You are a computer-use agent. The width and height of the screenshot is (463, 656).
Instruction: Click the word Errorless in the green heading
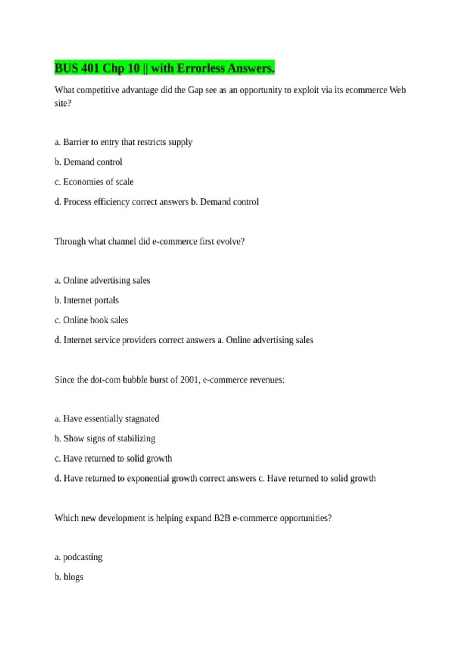coord(201,68)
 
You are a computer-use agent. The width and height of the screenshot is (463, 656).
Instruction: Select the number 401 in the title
coord(90,68)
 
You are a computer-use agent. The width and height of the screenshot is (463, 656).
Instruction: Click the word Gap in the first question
coord(195,90)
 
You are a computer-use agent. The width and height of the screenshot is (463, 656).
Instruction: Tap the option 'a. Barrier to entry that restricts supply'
coord(123,142)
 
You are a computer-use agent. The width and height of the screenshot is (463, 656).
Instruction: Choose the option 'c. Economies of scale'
coord(94,182)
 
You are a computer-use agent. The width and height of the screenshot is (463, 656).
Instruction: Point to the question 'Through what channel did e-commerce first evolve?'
coord(149,242)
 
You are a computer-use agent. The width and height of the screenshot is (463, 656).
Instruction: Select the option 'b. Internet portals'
coord(86,301)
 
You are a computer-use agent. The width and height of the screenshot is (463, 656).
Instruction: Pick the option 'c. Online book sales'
coord(91,320)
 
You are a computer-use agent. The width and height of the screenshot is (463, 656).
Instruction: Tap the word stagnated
coord(142,419)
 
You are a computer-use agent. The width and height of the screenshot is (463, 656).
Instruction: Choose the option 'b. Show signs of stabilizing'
coord(105,439)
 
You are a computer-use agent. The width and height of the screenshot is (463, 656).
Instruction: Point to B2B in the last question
coord(222,518)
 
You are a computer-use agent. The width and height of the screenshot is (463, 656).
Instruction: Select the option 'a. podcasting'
coord(78,557)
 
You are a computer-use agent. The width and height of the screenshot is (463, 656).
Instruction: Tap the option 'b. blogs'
coord(69,577)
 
